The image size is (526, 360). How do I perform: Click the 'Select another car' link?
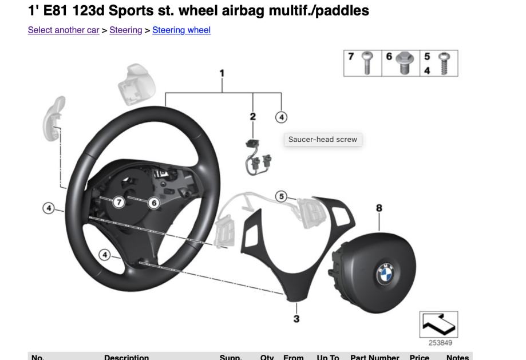63,30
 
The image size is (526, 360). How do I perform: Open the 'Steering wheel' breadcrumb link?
181,30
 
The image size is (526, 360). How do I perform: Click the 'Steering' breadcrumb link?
125,30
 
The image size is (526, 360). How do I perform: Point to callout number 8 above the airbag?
379,208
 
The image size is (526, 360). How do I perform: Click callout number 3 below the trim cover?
296,319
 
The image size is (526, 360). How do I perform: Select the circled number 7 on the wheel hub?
118,202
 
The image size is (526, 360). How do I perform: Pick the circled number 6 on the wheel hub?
153,202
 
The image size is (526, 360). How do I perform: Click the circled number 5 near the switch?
280,196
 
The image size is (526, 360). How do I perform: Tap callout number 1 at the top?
222,73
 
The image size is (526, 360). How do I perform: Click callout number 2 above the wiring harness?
252,116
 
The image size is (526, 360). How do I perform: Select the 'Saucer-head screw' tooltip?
323,139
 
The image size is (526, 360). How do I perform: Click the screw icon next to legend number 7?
367,63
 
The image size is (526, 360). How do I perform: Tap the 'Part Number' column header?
374,357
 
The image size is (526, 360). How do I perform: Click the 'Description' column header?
126,357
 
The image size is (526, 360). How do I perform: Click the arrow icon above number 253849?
438,325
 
